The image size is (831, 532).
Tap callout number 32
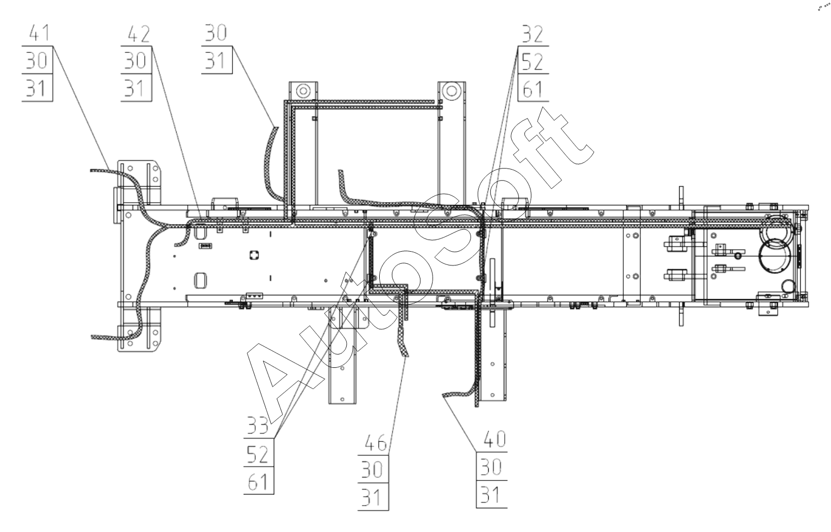click(x=532, y=34)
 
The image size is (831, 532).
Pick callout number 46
click(x=374, y=442)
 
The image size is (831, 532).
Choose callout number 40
click(x=494, y=439)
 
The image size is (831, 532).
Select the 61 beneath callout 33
click(x=258, y=482)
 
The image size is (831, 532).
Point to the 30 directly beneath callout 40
click(x=491, y=468)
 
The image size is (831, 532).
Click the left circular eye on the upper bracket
click(x=302, y=90)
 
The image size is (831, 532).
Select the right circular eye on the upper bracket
click(x=451, y=90)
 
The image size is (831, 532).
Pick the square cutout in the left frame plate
click(x=254, y=254)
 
